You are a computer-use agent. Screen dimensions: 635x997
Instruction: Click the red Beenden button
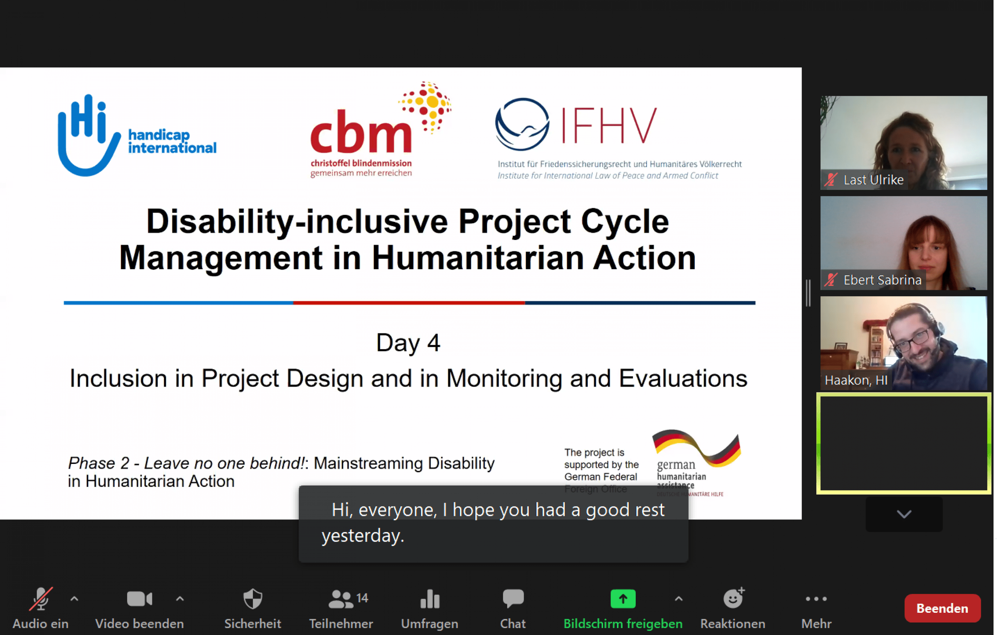coord(942,608)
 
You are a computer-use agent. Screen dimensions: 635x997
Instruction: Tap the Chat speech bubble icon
coord(513,598)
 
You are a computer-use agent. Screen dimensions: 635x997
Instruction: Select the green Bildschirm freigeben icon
coord(623,598)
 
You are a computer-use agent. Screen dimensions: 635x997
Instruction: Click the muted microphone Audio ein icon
coord(41,598)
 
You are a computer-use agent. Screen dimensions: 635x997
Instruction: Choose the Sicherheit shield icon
coord(253,598)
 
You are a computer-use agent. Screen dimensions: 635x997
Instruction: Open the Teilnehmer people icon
coord(340,598)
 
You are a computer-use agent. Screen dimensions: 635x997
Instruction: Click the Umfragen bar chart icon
coord(430,598)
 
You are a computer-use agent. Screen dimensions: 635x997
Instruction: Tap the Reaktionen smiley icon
coord(733,598)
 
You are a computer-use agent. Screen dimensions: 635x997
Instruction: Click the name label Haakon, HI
coord(856,380)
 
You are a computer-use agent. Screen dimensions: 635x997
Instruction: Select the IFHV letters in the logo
coord(609,125)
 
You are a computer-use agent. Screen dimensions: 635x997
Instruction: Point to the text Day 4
coord(408,343)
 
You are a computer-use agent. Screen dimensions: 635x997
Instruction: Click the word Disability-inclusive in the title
coord(297,221)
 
